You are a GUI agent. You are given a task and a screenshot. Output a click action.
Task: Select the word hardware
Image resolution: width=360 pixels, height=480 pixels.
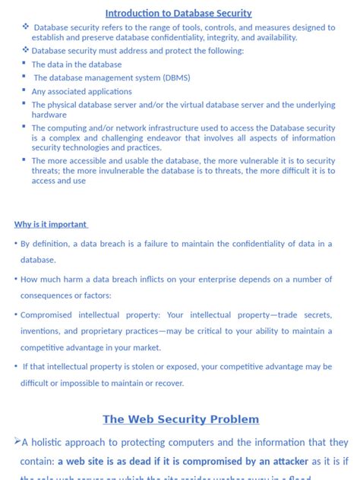[49, 115]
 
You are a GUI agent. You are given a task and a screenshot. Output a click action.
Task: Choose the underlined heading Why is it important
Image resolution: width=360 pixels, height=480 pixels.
[50, 224]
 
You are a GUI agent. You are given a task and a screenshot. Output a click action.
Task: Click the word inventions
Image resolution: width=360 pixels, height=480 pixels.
[43, 331]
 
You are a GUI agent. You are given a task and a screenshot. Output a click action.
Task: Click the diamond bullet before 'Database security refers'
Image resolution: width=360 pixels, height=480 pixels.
[26, 27]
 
